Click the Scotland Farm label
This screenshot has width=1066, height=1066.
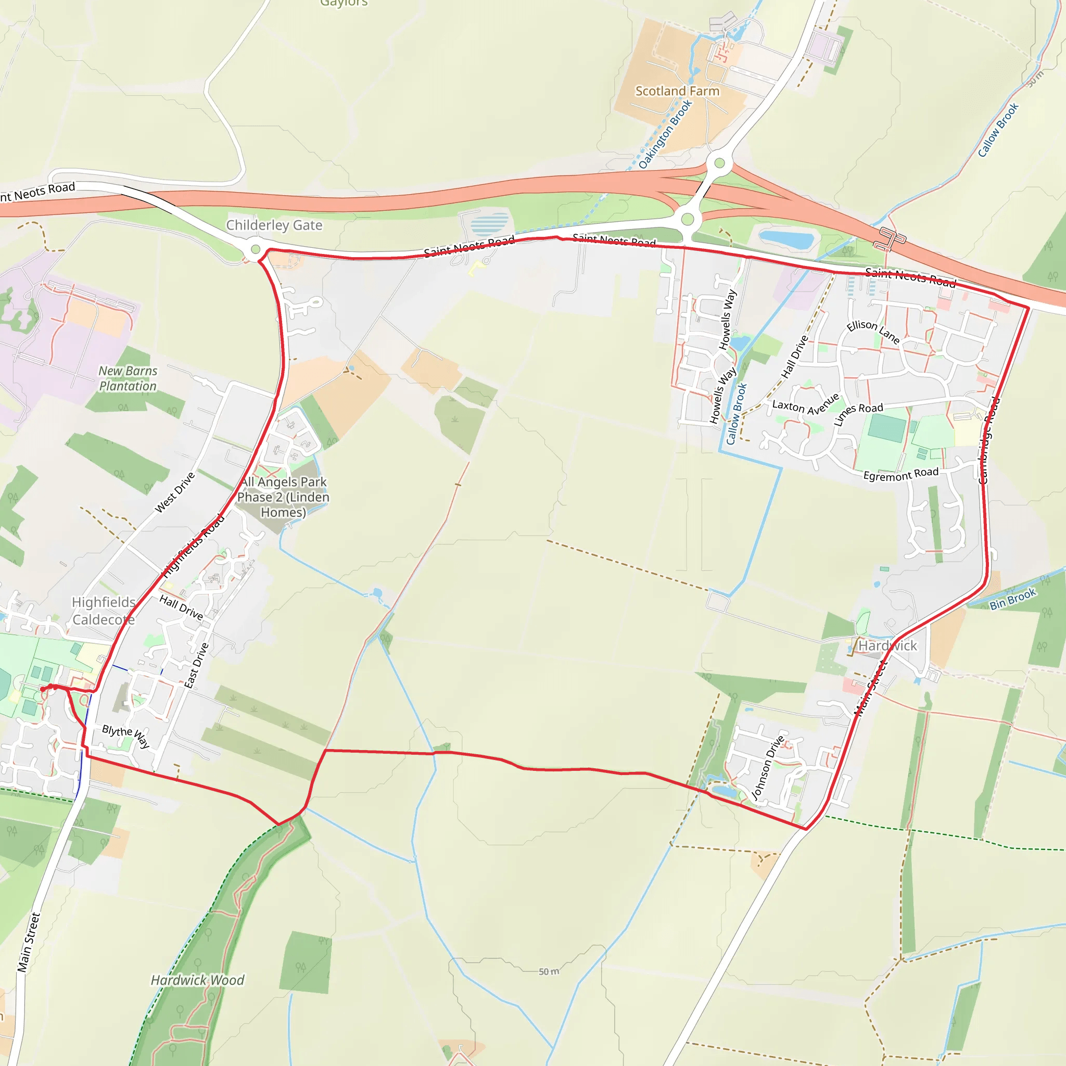(x=677, y=91)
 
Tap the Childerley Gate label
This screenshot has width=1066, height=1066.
(x=274, y=225)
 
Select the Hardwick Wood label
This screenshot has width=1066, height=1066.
(x=197, y=980)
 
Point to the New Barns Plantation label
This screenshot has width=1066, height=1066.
(x=128, y=378)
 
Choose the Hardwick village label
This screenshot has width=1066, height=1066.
(x=887, y=645)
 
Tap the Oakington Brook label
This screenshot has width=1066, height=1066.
(x=665, y=134)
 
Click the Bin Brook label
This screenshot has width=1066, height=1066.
(x=1013, y=599)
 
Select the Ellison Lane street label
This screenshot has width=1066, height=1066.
(x=873, y=332)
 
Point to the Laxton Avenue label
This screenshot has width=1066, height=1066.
(x=805, y=407)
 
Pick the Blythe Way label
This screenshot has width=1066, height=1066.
(x=126, y=737)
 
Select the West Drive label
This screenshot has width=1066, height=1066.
(x=175, y=492)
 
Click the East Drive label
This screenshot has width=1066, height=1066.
(x=196, y=665)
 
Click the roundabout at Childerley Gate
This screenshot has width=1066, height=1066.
(x=255, y=249)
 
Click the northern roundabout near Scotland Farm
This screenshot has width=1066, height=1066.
(x=719, y=163)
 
